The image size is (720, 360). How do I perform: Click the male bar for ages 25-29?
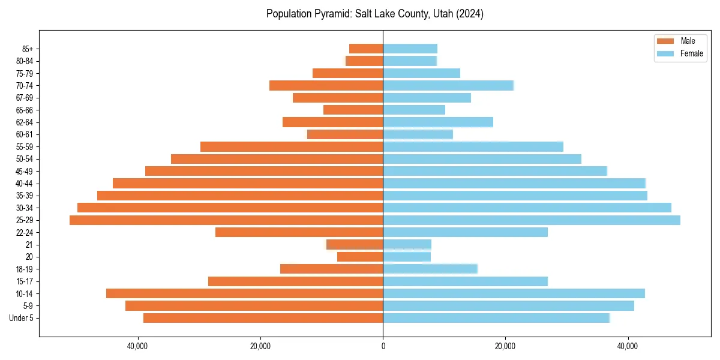coord(226,220)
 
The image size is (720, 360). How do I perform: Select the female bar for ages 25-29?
coord(532,220)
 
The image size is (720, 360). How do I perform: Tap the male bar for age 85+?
coord(366,49)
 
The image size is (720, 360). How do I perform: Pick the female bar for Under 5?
coord(496,318)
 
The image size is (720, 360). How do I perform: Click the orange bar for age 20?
coord(360,257)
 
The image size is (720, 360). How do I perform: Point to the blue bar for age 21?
coord(407,245)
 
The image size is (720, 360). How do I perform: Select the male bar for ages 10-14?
coord(244,293)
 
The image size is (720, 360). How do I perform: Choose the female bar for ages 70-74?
coord(448,86)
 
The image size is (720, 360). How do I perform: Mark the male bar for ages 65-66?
coord(353,110)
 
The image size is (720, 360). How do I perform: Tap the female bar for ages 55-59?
coord(473,147)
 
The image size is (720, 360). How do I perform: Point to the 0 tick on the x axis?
coord(383,346)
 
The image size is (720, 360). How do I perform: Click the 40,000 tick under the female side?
coord(628,346)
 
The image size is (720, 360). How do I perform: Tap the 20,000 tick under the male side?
coord(260,346)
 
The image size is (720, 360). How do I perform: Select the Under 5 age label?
coord(22,318)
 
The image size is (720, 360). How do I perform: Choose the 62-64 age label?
coord(25,122)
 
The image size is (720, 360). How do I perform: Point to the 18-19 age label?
coord(25,269)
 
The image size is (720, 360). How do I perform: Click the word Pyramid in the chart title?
coord(331,14)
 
